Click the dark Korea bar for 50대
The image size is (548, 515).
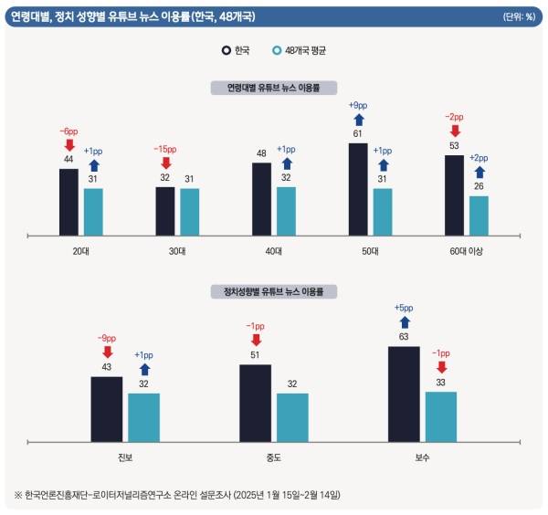(x=358, y=188)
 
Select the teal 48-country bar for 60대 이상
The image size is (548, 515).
(x=479, y=215)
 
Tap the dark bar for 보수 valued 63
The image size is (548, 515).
(x=404, y=394)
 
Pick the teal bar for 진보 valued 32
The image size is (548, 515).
(x=143, y=417)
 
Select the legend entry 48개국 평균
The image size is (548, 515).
(x=299, y=50)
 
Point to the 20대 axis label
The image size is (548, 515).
(x=80, y=251)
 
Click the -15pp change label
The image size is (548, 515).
(x=165, y=149)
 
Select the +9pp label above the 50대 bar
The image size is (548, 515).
(x=358, y=105)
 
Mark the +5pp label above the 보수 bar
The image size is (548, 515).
(x=404, y=309)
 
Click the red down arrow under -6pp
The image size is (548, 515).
(x=68, y=144)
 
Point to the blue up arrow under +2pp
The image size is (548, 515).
(x=479, y=172)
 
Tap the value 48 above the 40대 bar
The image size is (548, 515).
(x=261, y=153)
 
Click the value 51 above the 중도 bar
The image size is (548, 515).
(x=255, y=355)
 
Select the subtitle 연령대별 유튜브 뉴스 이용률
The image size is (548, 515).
(x=273, y=88)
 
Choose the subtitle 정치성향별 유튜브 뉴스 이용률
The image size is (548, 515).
(x=273, y=292)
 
